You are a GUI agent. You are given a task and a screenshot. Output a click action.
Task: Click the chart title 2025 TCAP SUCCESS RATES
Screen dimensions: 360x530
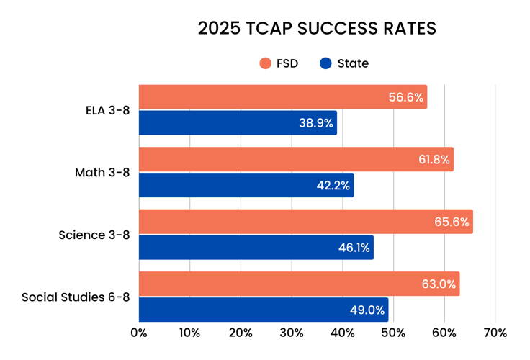317,29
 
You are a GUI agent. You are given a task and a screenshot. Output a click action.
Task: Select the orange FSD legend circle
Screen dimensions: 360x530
265,63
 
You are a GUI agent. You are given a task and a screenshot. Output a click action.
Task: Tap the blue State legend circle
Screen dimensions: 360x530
325,63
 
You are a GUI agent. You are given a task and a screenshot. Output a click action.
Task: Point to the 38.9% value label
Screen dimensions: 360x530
316,123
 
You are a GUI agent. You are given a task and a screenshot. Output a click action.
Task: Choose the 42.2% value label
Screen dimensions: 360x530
333,185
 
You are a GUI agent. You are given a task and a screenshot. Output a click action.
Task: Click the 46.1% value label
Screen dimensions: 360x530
354,248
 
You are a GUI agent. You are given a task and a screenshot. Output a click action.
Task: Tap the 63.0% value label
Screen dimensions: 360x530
439,284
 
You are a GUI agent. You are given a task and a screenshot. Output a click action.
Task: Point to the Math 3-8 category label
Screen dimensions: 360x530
102,173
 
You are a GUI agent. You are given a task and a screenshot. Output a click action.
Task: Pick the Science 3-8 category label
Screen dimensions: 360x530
94,235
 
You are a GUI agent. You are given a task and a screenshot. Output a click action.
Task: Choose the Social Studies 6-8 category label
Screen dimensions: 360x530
76,297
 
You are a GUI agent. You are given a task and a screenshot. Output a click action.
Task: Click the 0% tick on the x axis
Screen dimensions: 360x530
139,333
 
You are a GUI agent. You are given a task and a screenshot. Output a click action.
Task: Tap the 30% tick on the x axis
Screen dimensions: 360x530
292,333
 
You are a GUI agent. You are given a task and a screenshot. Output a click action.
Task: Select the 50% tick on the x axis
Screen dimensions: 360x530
393,333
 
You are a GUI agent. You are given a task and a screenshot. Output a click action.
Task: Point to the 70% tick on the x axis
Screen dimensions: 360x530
495,333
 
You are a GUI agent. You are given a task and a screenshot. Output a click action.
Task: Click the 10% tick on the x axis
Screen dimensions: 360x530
189,333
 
